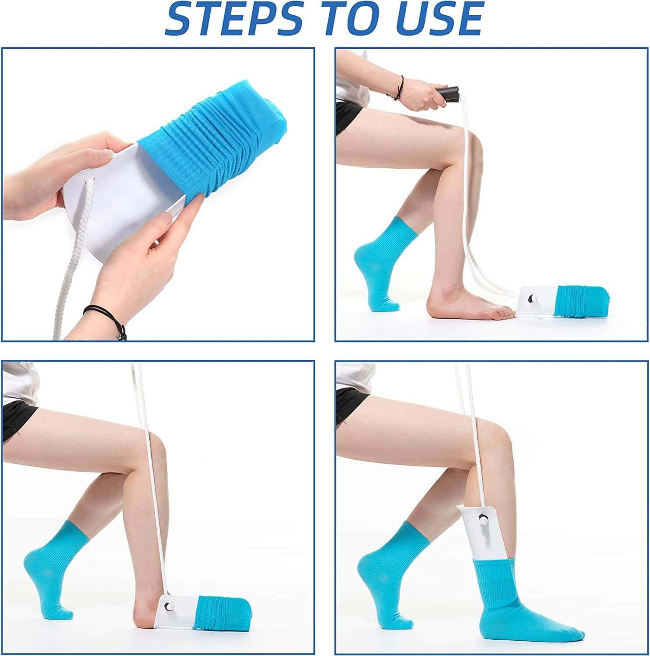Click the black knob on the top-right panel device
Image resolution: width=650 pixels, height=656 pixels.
(531, 298)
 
